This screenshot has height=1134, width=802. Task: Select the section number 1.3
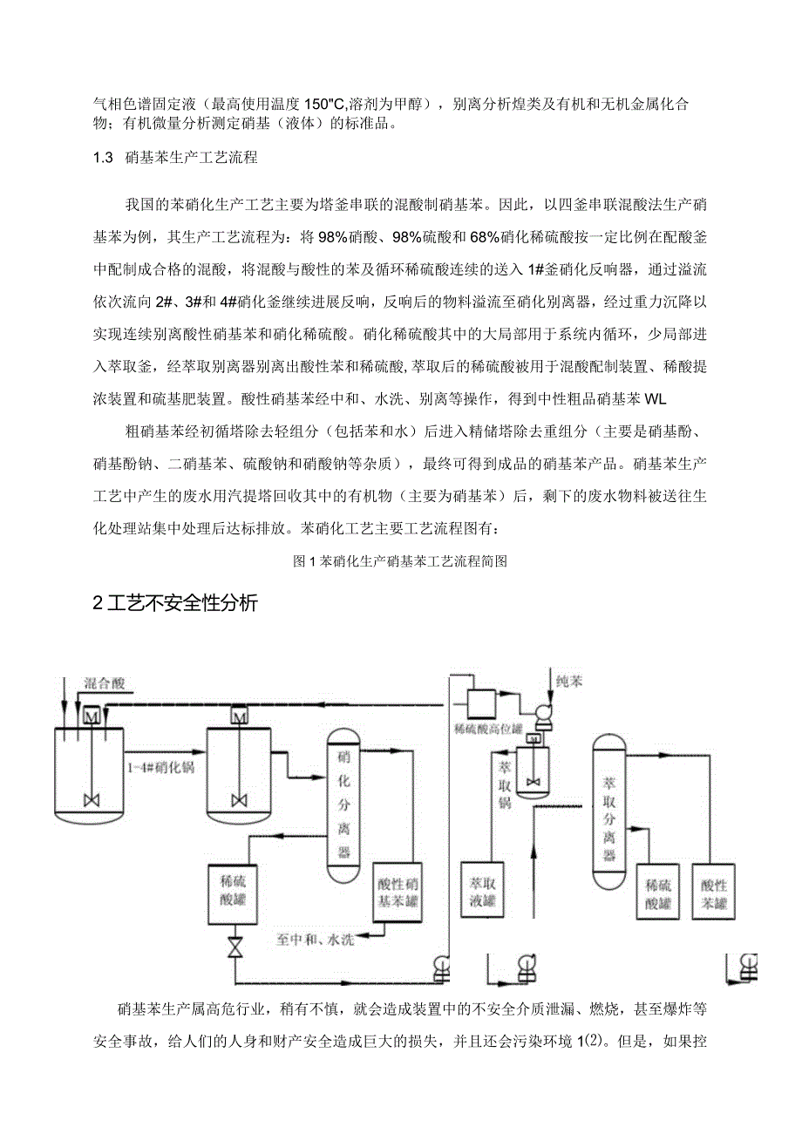(104, 158)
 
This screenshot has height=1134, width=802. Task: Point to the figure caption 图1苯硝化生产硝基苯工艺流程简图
(401, 562)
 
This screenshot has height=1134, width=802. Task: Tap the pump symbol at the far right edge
(748, 965)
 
